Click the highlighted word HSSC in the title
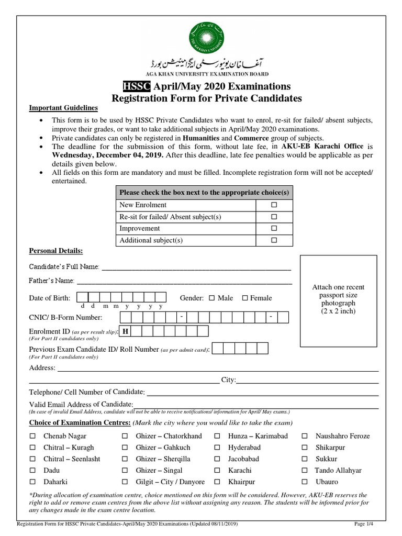(133, 86)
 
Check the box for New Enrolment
(274, 205)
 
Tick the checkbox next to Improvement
(274, 229)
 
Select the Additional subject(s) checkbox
(274, 241)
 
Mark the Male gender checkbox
(212, 298)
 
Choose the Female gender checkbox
(244, 298)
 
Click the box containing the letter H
(126, 331)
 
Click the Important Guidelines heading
(63, 108)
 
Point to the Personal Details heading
(56, 251)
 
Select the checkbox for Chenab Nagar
(32, 436)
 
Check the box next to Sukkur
(305, 459)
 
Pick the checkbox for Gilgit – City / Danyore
(125, 482)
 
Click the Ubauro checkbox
(305, 482)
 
